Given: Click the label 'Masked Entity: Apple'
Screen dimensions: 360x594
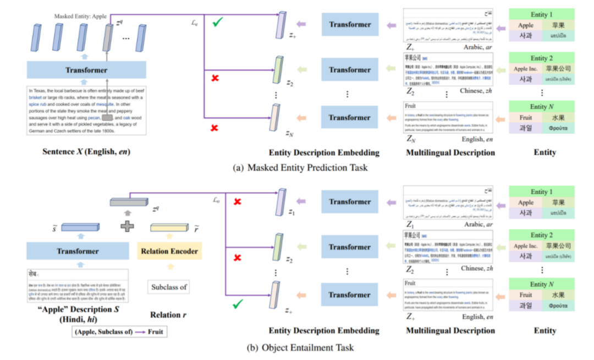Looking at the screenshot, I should click(x=80, y=17).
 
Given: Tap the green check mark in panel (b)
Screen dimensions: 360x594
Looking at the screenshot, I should click(x=238, y=303).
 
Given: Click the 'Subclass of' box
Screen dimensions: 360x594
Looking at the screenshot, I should click(x=169, y=286).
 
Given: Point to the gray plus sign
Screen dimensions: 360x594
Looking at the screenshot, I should click(x=128, y=226).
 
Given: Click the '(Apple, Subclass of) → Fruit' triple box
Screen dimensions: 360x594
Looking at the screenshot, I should click(x=119, y=332).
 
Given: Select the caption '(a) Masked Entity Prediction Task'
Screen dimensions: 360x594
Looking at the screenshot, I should click(x=298, y=167).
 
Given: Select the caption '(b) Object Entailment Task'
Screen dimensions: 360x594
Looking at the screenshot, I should click(x=298, y=347).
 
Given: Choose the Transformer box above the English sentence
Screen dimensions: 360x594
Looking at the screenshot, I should click(x=86, y=70).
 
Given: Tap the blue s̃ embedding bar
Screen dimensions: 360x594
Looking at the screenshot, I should click(x=80, y=227).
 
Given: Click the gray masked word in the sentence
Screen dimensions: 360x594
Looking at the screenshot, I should click(x=107, y=117).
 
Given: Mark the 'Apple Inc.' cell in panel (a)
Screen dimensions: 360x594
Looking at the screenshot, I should click(x=525, y=69).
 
